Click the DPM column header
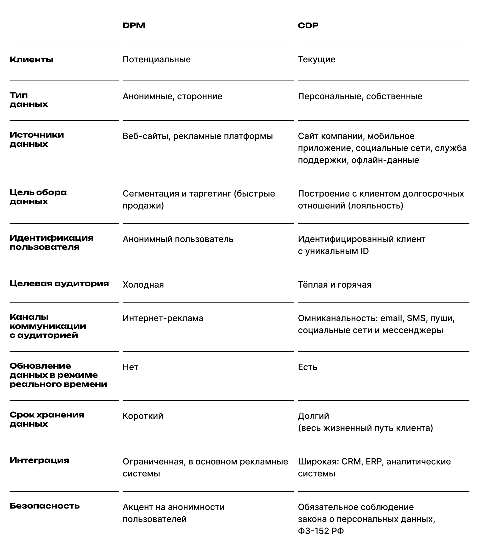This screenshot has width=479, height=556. pyautogui.click(x=134, y=25)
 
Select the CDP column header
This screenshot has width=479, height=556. pyautogui.click(x=308, y=25)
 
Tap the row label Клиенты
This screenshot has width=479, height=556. pyautogui.click(x=31, y=60)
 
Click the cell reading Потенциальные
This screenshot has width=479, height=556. pyautogui.click(x=157, y=59)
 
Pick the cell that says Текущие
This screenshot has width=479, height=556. pyautogui.click(x=316, y=59)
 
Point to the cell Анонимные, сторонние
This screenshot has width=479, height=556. pyautogui.click(x=172, y=96)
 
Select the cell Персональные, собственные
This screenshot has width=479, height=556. pyautogui.click(x=360, y=96)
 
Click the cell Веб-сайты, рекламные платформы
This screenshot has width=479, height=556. pyautogui.click(x=198, y=136)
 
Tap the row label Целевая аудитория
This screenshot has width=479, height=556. pyautogui.click(x=59, y=284)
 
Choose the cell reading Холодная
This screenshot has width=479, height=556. pyautogui.click(x=143, y=285)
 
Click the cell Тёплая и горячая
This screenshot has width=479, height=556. pyautogui.click(x=334, y=285)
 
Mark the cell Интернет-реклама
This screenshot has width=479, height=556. pyautogui.click(x=163, y=318)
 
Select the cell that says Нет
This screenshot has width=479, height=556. pyautogui.click(x=130, y=367)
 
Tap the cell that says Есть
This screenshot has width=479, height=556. pyautogui.click(x=307, y=367)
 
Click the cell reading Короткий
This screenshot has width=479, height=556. pyautogui.click(x=143, y=416)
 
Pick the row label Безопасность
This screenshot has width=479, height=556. pyautogui.click(x=45, y=506)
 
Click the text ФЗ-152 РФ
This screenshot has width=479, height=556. pyautogui.click(x=321, y=531)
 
